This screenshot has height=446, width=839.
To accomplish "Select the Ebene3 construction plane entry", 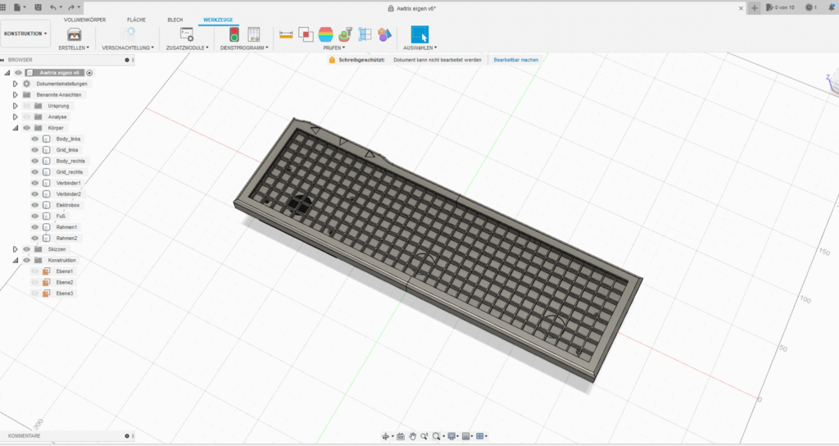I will pyautogui.click(x=65, y=293).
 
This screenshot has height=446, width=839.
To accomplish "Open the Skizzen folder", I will pyautogui.click(x=57, y=249).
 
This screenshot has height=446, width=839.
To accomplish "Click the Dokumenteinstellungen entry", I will pyautogui.click(x=61, y=84).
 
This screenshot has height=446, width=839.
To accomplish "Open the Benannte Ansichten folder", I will pyautogui.click(x=59, y=95).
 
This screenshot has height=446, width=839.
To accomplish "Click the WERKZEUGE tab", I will pyautogui.click(x=218, y=19).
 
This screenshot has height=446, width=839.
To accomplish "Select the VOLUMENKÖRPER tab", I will pyautogui.click(x=84, y=19).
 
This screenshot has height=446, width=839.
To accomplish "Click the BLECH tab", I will pyautogui.click(x=175, y=19).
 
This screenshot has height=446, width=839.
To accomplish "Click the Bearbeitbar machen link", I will pyautogui.click(x=516, y=60).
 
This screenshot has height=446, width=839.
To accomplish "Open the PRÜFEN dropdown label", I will pyautogui.click(x=333, y=48).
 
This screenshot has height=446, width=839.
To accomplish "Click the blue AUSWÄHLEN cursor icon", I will pyautogui.click(x=419, y=34).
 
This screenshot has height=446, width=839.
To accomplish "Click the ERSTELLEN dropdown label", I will pyautogui.click(x=74, y=48).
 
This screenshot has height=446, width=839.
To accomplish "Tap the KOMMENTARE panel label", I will pyautogui.click(x=25, y=436).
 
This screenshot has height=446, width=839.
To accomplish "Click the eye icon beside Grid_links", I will pyautogui.click(x=34, y=150).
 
